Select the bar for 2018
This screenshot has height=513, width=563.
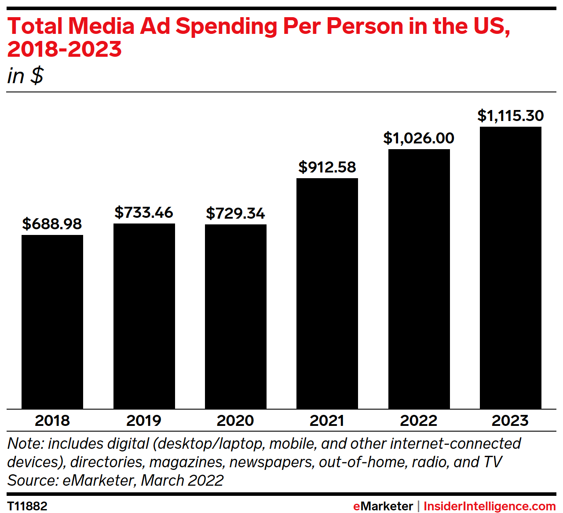pyautogui.click(x=52, y=322)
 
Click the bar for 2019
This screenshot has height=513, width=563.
pyautogui.click(x=144, y=316)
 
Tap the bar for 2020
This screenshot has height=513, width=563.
pyautogui.click(x=236, y=316)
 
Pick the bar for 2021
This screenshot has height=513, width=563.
pyautogui.click(x=327, y=293)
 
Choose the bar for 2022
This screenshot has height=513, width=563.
pyautogui.click(x=419, y=279)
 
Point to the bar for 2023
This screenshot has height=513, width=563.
pyautogui.click(x=511, y=267)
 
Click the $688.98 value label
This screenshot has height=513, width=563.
pyautogui.click(x=52, y=224)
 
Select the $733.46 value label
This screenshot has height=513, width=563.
pyautogui.click(x=144, y=213)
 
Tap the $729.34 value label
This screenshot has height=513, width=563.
pyautogui.click(x=236, y=213)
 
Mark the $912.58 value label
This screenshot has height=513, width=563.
pyautogui.click(x=327, y=167)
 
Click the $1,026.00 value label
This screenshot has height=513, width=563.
pyautogui.click(x=419, y=138)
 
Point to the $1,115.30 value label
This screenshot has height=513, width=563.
pyautogui.click(x=511, y=116)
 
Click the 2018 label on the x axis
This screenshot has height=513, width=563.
pyautogui.click(x=52, y=421)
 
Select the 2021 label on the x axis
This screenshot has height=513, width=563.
pyautogui.click(x=327, y=421)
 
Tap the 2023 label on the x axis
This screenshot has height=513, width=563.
pyautogui.click(x=510, y=421)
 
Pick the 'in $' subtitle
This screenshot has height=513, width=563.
pyautogui.click(x=25, y=76)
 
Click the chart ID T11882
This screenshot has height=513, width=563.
pyautogui.click(x=27, y=506)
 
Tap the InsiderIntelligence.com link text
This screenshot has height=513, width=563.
pyautogui.click(x=490, y=506)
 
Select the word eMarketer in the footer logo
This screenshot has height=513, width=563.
pyautogui.click(x=383, y=506)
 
